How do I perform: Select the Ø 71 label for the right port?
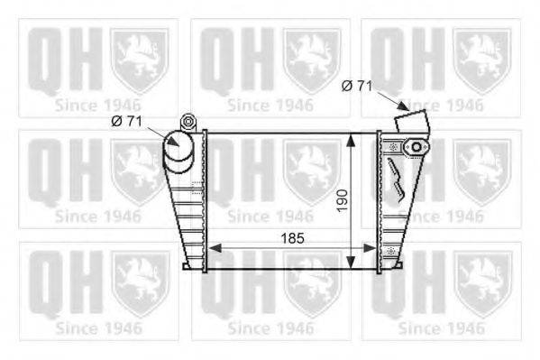[x=357, y=86]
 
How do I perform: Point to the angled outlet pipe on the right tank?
[x=412, y=121]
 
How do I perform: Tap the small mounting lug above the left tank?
[x=188, y=122]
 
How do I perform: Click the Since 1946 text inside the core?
[x=270, y=217]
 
